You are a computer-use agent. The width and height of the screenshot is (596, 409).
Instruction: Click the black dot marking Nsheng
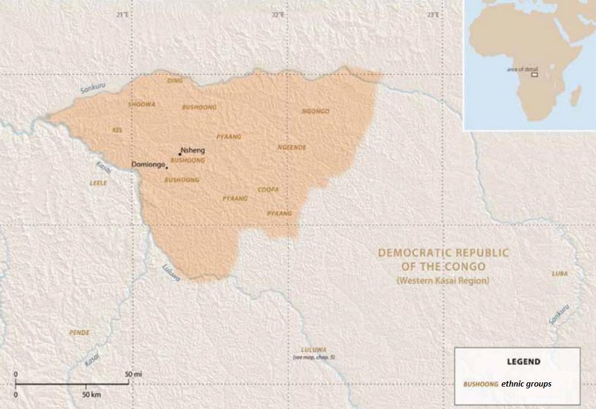pos(180,154)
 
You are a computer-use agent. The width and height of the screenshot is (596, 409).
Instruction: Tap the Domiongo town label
pos(148,164)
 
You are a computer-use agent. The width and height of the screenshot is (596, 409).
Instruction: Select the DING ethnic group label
pos(175,80)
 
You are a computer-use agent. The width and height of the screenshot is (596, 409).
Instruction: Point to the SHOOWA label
pos(142,104)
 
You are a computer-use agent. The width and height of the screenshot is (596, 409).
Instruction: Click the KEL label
pos(117,130)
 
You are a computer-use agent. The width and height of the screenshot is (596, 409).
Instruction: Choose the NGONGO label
pos(316,112)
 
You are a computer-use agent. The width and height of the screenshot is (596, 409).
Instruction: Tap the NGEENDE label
pos(292,147)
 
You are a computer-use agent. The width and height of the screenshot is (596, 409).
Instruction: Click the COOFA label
pos(268,190)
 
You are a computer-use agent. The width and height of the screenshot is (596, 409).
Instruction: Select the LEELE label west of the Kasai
pos(98,182)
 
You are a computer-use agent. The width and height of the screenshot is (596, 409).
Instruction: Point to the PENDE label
pos(80,333)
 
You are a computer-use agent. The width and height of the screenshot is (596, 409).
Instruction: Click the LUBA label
pos(560,274)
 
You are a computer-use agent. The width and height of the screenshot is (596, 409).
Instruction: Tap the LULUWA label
pos(314,350)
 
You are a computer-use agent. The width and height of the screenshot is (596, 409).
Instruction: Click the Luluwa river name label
pos(172,272)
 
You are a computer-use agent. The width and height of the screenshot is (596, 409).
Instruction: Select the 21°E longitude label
pos(123,14)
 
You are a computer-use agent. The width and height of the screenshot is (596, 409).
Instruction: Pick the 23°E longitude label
pos(432,14)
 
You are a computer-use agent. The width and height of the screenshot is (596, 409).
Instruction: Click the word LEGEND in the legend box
pos(523,362)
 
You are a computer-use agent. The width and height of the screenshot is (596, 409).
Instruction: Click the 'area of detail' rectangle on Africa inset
pos(534,75)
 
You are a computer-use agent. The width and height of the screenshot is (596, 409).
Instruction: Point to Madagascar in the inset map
pos(575,96)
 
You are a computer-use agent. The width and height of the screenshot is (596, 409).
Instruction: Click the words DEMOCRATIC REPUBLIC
pos(443,253)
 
